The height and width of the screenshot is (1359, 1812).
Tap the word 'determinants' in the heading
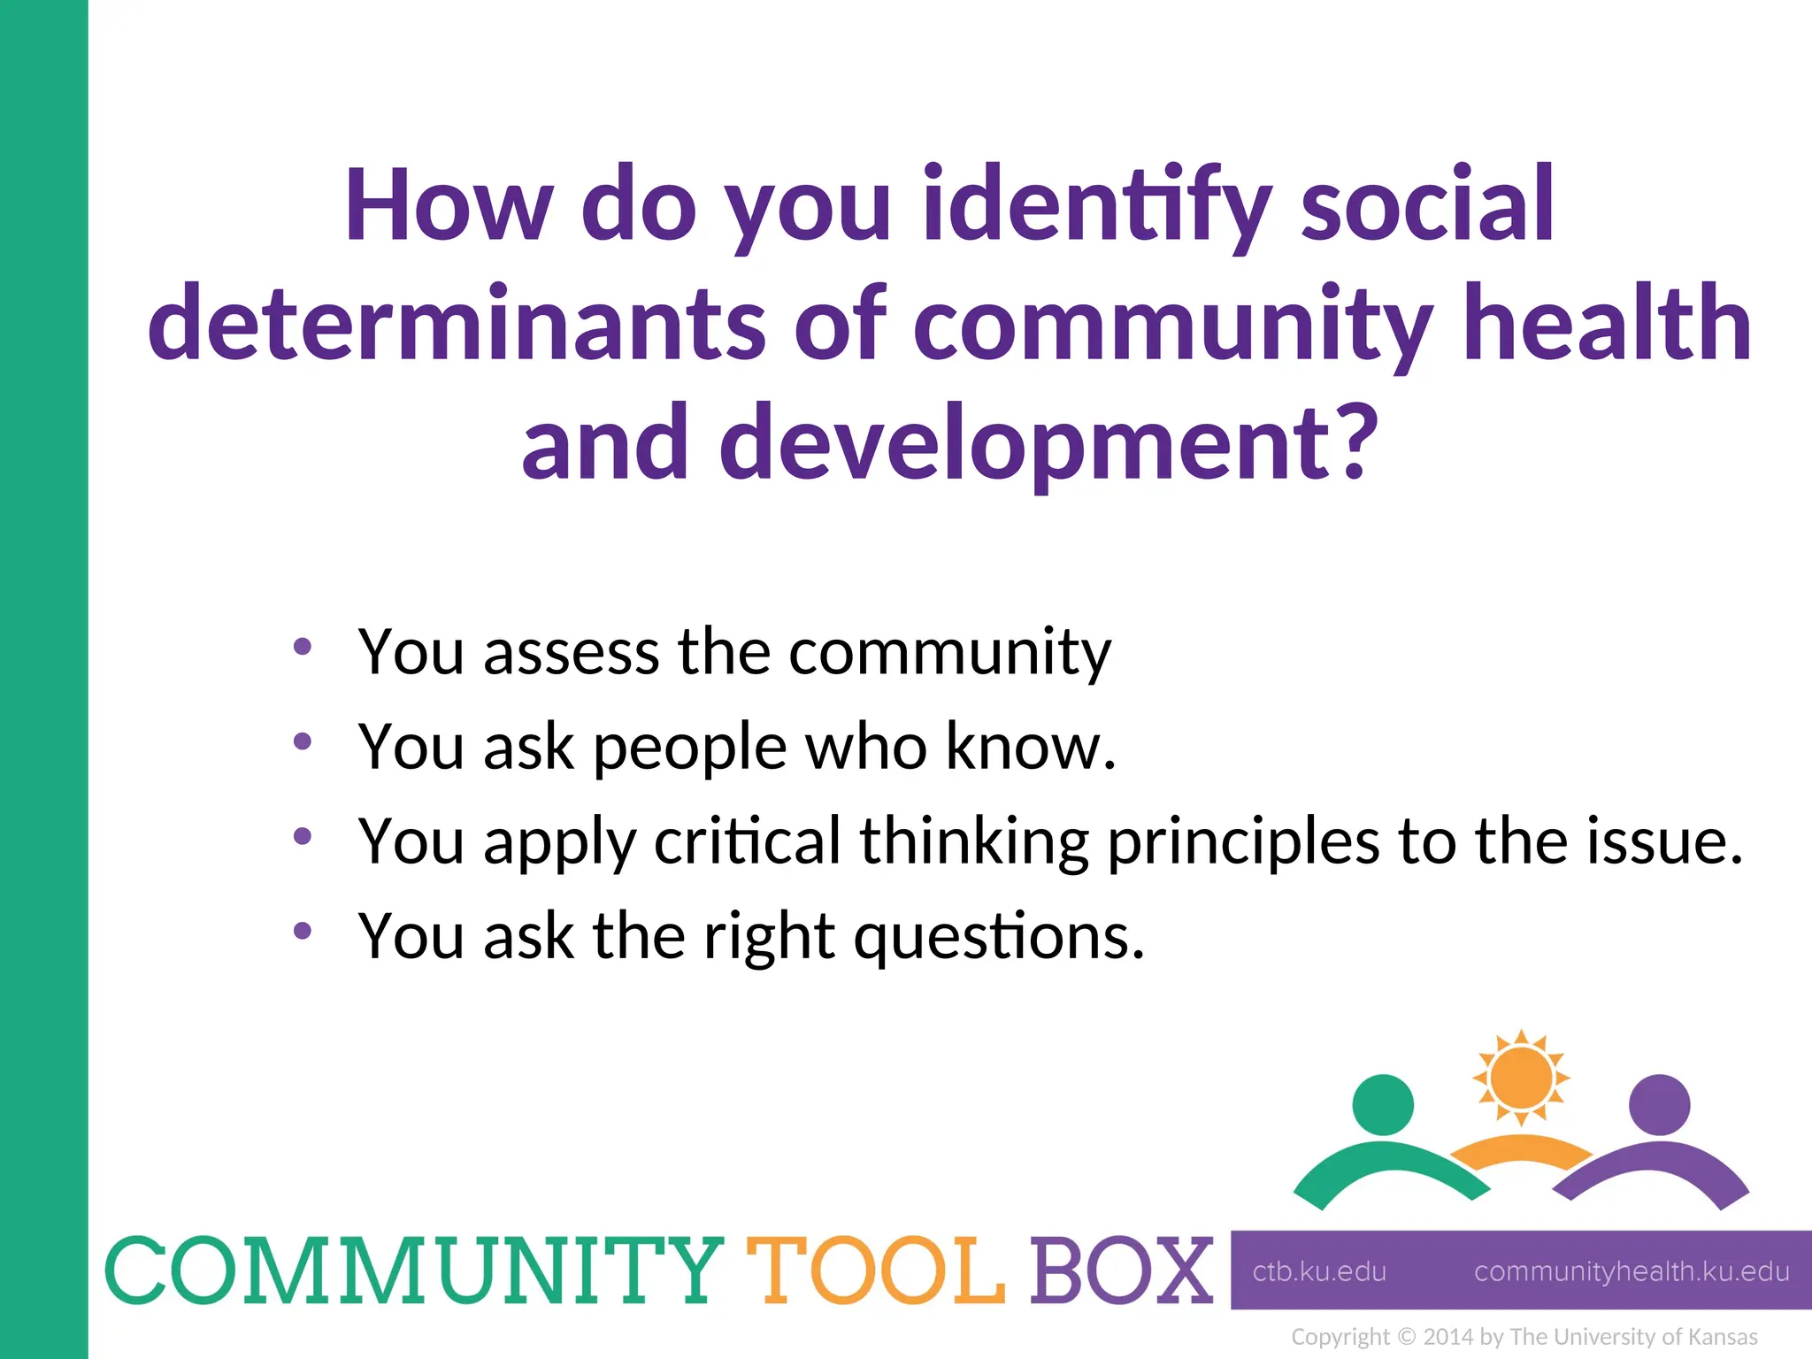[457, 324]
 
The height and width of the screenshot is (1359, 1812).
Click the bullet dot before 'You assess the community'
[303, 647]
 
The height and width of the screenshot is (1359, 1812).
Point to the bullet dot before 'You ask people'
[303, 741]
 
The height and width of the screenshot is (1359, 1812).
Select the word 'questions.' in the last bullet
[999, 936]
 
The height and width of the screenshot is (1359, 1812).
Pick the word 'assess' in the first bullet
[572, 652]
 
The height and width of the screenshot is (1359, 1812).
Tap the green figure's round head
[1383, 1104]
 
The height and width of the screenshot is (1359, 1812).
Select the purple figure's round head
[1659, 1104]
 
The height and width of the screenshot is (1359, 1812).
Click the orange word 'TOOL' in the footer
[876, 1271]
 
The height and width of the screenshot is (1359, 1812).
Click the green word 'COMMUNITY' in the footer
[414, 1271]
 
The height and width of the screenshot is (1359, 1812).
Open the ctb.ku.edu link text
[1319, 1271]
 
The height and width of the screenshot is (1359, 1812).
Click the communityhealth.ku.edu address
[1632, 1271]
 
